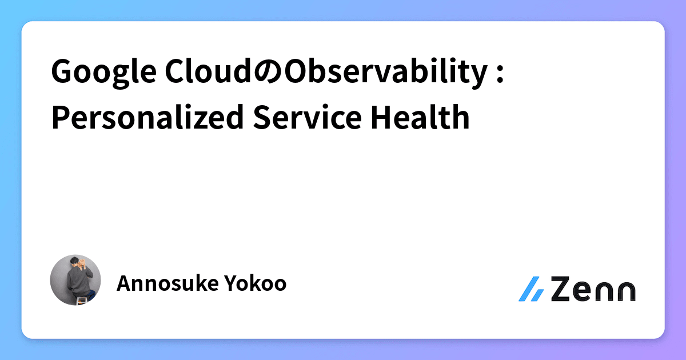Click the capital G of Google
pos(62,73)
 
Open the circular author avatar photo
pos(75,280)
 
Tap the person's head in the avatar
pos(75,264)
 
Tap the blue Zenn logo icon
pos(531,289)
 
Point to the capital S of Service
pos(261,117)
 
